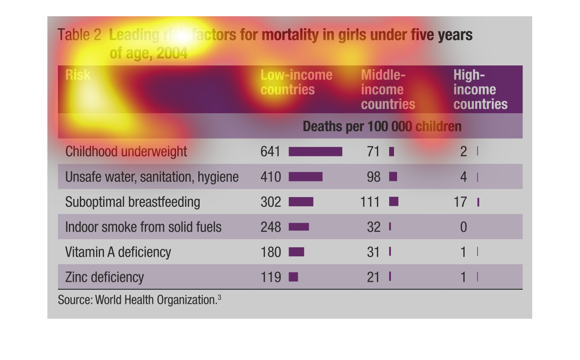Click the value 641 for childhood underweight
[x=270, y=151]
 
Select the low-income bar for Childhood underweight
[x=315, y=151]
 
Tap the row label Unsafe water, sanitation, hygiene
[x=152, y=177]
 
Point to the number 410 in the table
[x=270, y=177]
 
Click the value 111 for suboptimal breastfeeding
[x=370, y=202]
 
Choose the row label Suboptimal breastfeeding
[x=132, y=202]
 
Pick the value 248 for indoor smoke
[x=270, y=227]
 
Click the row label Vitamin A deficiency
[x=118, y=252]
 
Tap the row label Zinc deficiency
[x=104, y=277]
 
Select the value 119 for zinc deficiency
[x=270, y=277]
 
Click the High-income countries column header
[x=480, y=90]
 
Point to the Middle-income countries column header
[x=388, y=90]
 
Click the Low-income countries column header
[x=296, y=82]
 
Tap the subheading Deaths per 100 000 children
[x=382, y=126]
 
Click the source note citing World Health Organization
[x=139, y=300]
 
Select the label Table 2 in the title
[x=79, y=35]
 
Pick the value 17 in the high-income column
[x=461, y=202]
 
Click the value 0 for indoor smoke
[x=463, y=227]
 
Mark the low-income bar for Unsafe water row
[x=305, y=177]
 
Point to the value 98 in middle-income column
[x=373, y=177]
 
